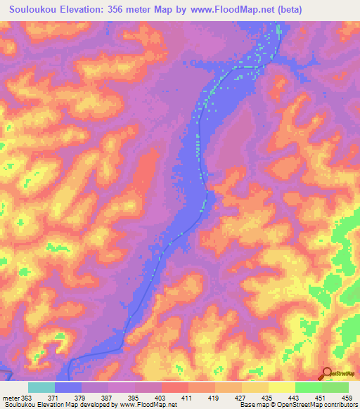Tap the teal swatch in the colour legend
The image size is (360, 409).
click(x=41, y=387)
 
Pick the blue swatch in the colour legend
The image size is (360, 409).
click(x=68, y=387)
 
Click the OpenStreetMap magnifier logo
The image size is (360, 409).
click(x=327, y=372)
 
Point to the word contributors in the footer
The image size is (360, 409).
click(x=338, y=405)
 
